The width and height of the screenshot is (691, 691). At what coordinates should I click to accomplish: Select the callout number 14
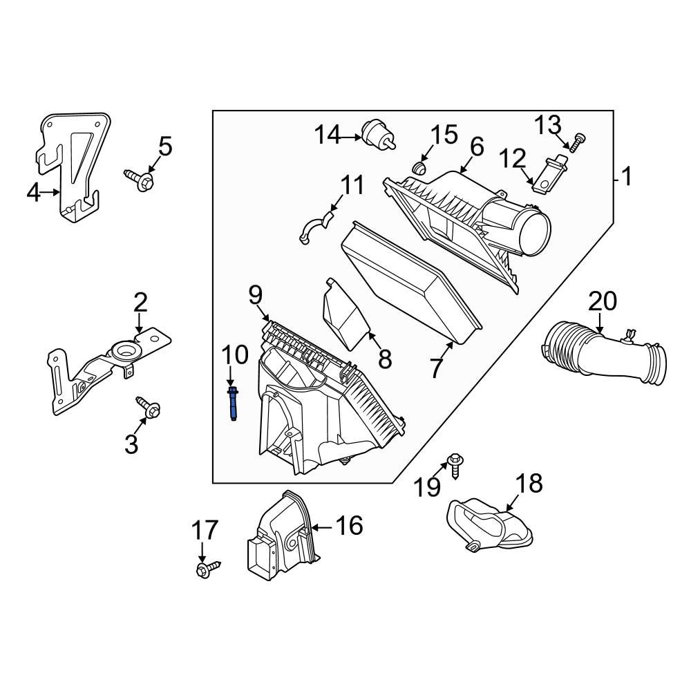(329, 135)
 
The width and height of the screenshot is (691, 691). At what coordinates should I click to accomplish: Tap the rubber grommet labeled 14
(377, 133)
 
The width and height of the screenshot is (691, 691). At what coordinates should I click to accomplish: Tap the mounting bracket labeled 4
(73, 166)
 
